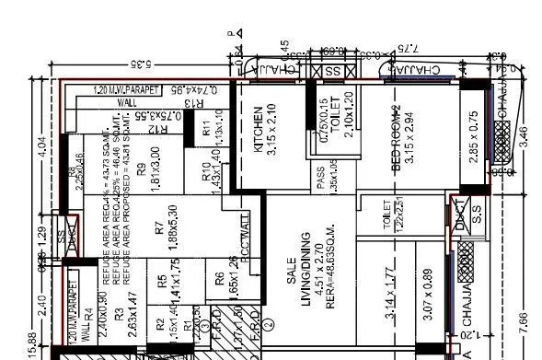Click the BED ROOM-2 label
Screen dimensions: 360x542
[397, 138]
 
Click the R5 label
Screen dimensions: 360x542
[162, 281]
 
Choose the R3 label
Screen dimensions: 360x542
[120, 314]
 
